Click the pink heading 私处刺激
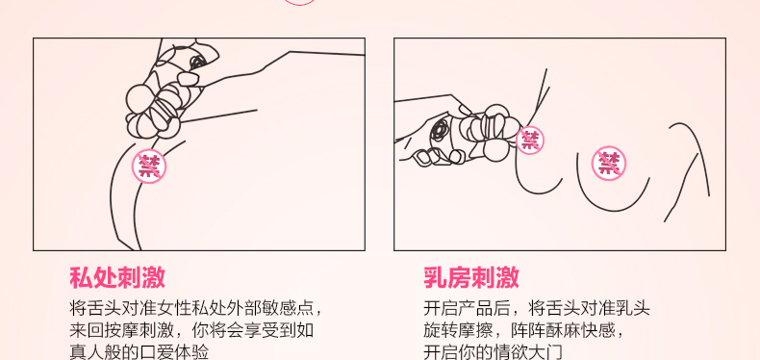pyautogui.click(x=117, y=277)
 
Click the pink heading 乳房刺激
pyautogui.click(x=471, y=277)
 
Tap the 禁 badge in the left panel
pyautogui.click(x=149, y=166)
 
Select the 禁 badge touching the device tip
pyautogui.click(x=530, y=141)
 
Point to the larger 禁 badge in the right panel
pyautogui.click(x=609, y=163)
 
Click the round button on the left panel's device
pyautogui.click(x=197, y=62)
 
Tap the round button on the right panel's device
pyautogui.click(x=440, y=130)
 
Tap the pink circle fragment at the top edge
pyautogui.click(x=299, y=3)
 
